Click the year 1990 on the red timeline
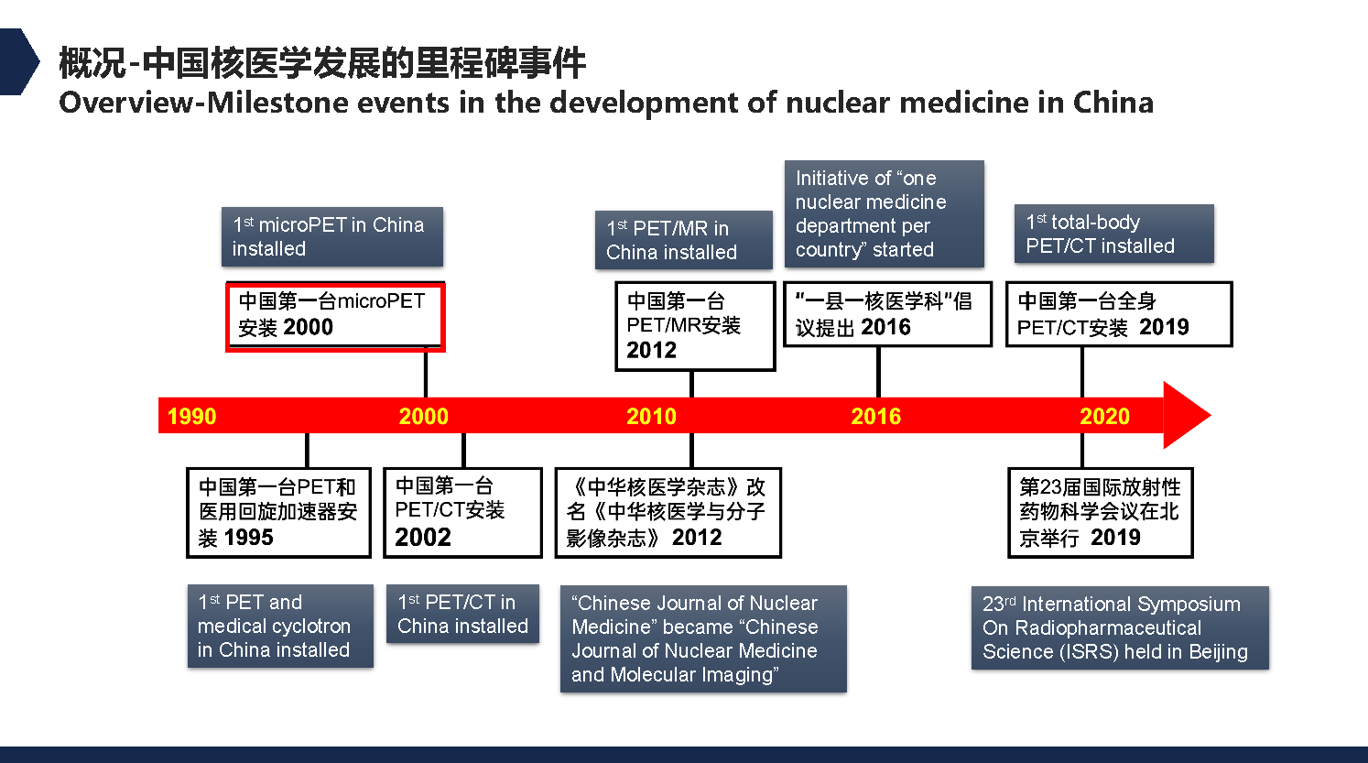(191, 417)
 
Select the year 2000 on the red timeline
(423, 417)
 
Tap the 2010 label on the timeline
(651, 417)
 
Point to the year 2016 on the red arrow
(875, 417)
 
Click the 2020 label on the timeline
(1104, 417)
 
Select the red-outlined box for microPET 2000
(335, 316)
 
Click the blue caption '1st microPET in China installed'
(331, 236)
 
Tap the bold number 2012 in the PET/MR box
(651, 351)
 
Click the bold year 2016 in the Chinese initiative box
(885, 328)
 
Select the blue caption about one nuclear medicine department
(884, 213)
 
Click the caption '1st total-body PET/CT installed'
(1113, 234)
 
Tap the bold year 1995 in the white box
(248, 538)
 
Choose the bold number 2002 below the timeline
(423, 538)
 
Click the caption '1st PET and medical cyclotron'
(279, 626)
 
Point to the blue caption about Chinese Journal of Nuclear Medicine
(702, 638)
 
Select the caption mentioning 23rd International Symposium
(1119, 627)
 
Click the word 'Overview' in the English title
(125, 103)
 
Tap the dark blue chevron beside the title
(18, 61)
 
